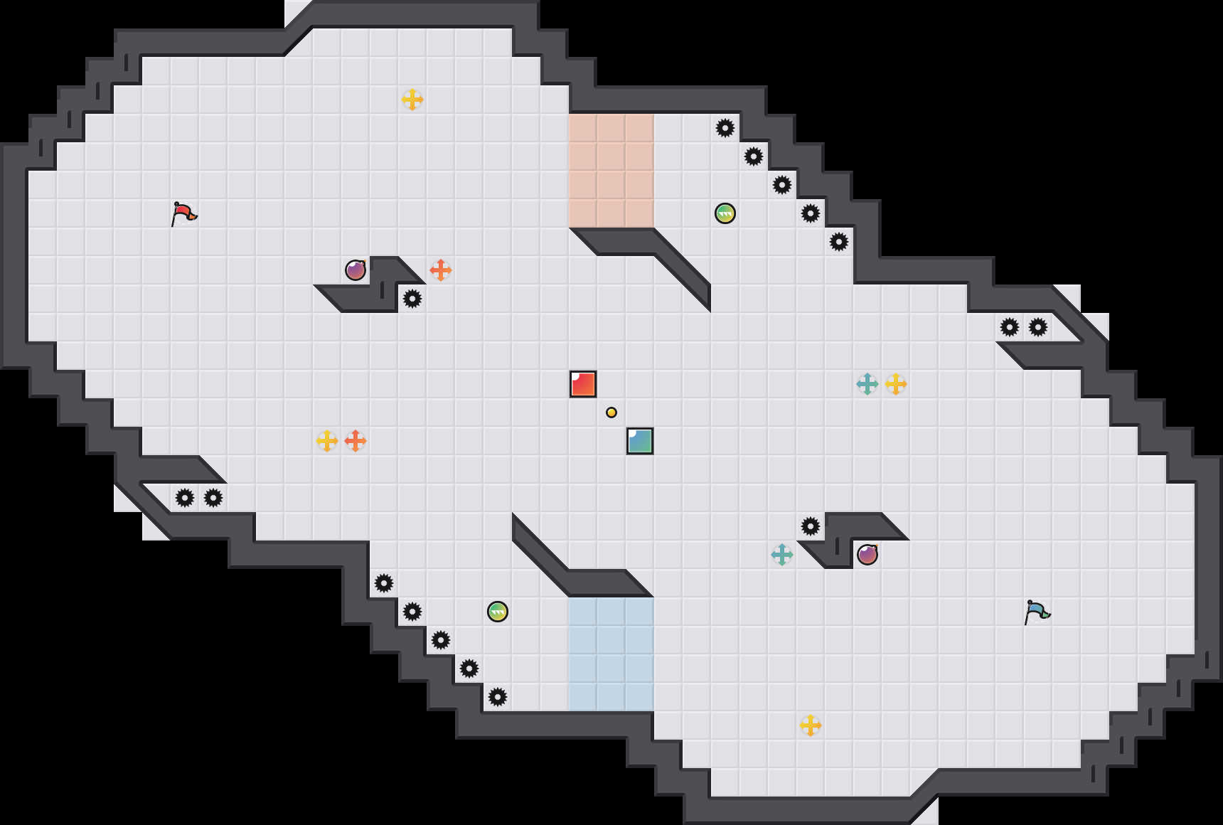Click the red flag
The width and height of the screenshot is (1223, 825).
tap(183, 213)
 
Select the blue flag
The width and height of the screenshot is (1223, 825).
tap(1037, 612)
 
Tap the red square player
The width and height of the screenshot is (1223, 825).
tap(583, 384)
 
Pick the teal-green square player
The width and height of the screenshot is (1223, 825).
tap(640, 441)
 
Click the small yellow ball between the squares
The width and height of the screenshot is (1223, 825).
tap(611, 412)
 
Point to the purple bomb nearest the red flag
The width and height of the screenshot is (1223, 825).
tap(356, 270)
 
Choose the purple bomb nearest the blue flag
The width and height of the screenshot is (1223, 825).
tap(867, 555)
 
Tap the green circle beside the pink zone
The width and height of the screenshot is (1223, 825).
tap(725, 213)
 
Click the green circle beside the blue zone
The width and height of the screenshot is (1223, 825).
tap(498, 612)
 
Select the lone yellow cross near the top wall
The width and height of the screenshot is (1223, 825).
tap(412, 100)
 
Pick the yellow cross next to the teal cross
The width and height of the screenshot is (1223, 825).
tap(896, 384)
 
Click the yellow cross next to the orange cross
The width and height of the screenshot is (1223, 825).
tap(327, 441)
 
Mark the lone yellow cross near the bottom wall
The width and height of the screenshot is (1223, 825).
tap(811, 725)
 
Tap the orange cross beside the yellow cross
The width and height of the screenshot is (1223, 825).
tap(356, 441)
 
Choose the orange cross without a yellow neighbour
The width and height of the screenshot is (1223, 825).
tap(441, 270)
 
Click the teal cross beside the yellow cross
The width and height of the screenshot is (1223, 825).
tap(867, 384)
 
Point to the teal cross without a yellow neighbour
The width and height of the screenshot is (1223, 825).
tap(782, 555)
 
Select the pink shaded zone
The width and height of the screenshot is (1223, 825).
tap(611, 171)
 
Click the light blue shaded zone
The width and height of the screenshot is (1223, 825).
tap(611, 654)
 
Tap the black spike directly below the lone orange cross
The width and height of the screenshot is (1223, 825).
tap(412, 299)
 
